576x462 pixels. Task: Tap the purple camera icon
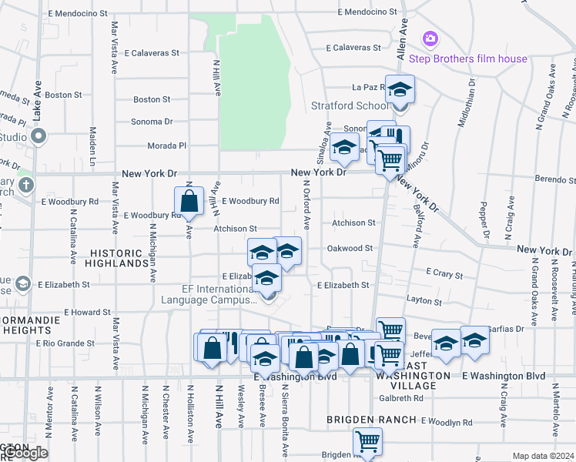[430, 38]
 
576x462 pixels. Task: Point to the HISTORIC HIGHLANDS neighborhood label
[119, 258]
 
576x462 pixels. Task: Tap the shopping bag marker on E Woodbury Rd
[189, 203]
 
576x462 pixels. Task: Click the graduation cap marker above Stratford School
[400, 89]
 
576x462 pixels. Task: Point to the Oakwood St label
[350, 249]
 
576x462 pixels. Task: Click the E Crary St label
[444, 274]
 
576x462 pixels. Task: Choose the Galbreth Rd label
[401, 398]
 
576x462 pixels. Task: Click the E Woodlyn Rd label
[446, 423]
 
